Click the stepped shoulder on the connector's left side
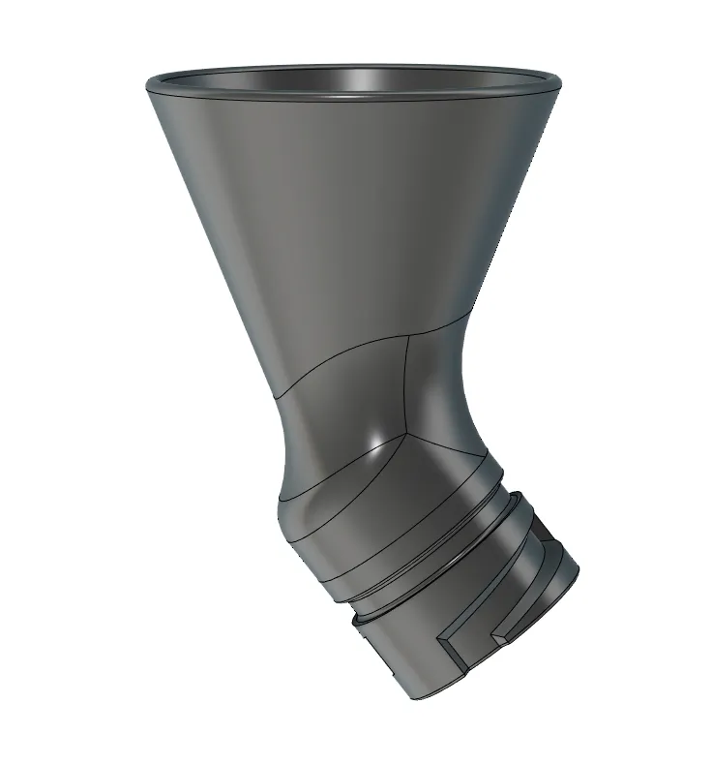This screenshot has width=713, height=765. click(360, 620)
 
